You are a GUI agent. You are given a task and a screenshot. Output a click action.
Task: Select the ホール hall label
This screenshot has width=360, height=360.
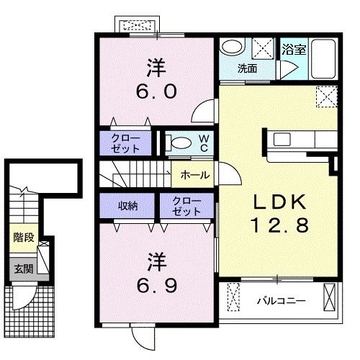(x=194, y=174)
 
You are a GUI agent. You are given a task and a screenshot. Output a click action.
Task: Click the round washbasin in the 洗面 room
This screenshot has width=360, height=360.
(x=231, y=48)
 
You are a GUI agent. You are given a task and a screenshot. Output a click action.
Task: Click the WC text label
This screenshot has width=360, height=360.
(x=203, y=143)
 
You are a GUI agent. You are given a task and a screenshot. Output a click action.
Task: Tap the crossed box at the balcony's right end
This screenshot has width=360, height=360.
(x=330, y=297)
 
